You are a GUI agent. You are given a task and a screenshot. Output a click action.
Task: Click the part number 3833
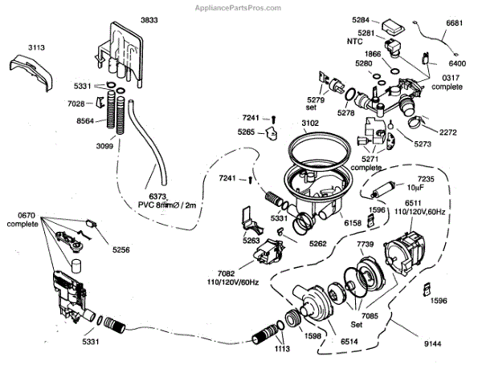coord(149,20)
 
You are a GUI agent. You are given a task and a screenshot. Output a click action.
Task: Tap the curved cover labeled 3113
coord(31,73)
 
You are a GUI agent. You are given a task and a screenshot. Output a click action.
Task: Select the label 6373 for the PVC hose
coord(157,197)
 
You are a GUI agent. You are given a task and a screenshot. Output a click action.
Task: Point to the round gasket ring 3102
coord(320,148)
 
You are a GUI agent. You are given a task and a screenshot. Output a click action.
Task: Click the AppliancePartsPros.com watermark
coord(238,8)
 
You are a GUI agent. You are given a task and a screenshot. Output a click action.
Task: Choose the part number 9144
coord(432,344)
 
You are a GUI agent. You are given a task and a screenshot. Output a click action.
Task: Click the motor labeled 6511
coord(403,253)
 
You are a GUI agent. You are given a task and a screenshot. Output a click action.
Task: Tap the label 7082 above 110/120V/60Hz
coord(227,274)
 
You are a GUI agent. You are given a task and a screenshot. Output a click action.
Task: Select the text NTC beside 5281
coord(355,41)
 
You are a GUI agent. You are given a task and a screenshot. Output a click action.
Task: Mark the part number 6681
coord(454,23)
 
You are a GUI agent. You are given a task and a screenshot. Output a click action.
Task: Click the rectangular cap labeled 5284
coord(393,26)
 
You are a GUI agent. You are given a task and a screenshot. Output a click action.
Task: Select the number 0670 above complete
coord(27,215)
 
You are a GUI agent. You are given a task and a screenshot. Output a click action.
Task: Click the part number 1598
coord(312,336)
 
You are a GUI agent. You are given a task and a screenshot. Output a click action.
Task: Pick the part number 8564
coord(85,120)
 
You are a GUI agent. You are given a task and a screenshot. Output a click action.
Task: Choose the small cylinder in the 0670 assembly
coord(76,266)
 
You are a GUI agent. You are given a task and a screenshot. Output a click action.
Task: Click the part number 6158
coord(353,223)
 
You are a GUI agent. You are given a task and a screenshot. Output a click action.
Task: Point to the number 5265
coord(246,132)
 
